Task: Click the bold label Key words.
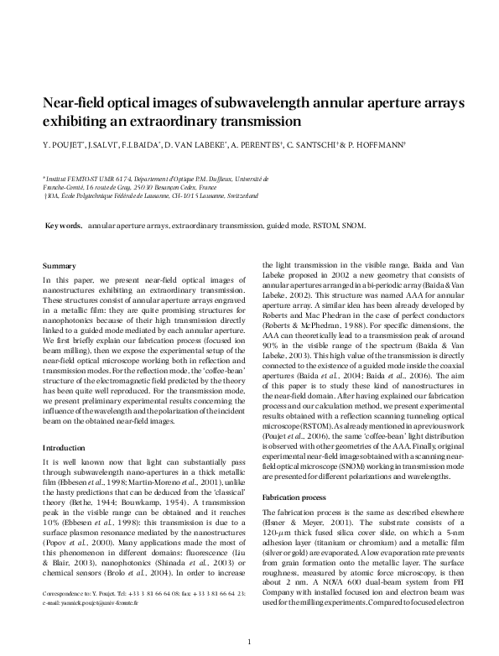click(x=64, y=226)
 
